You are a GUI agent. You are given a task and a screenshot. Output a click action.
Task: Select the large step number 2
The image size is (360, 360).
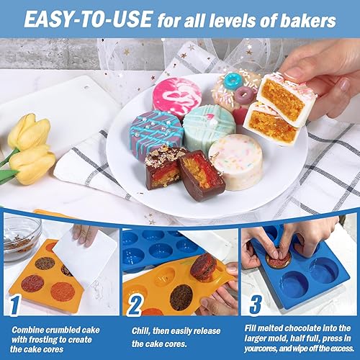coord(135,306)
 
